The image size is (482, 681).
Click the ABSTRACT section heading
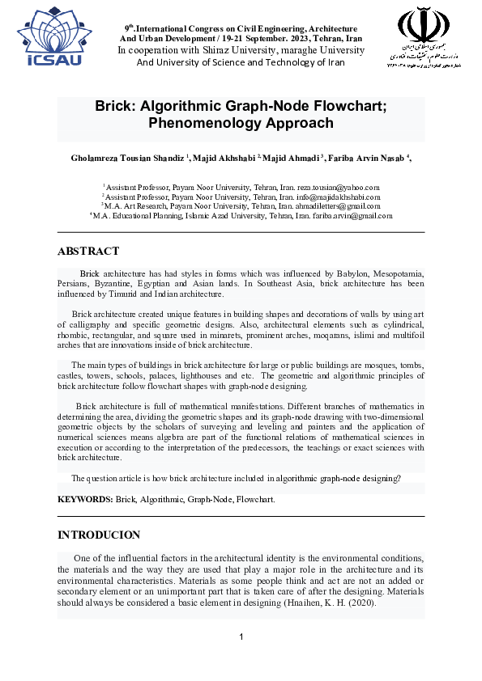coord(88,251)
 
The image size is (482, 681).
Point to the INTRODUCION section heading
coord(99,535)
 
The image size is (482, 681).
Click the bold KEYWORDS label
coord(85,500)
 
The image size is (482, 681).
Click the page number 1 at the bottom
coord(241,637)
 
